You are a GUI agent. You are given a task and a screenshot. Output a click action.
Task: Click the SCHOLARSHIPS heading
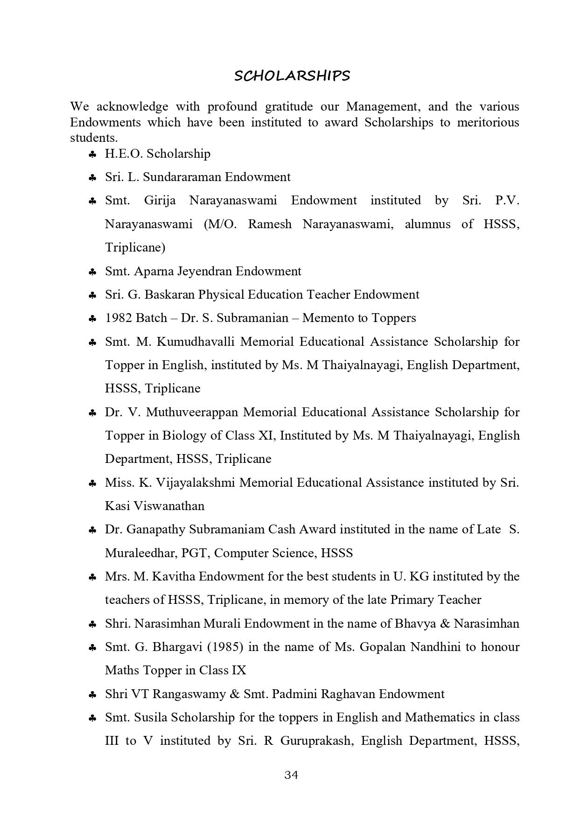point(292,76)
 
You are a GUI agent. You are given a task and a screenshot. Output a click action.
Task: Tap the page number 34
point(291,775)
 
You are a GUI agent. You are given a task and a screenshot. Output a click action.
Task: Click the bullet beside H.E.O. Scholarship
point(92,154)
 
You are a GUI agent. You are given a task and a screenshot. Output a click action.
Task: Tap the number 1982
point(119,318)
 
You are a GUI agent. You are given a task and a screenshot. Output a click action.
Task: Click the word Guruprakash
point(315,741)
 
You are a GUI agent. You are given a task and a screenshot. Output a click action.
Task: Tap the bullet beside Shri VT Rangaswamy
point(92,695)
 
